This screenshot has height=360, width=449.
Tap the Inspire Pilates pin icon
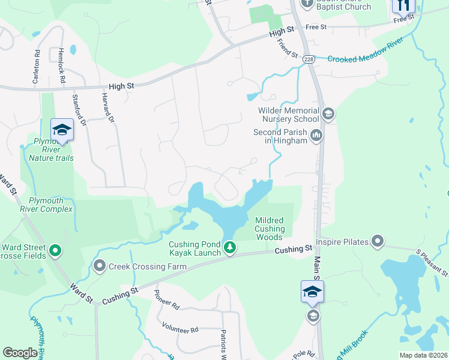coord(377,241)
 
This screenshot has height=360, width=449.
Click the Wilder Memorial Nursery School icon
coord(328,113)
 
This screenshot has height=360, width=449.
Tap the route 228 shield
coord(309,59)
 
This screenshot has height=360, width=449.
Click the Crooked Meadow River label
coord(360,59)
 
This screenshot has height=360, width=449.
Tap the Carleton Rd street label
coord(37,61)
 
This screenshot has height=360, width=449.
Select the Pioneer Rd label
coord(167,300)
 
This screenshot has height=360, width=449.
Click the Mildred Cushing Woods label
coord(270,229)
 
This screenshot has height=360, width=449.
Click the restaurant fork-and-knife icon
coord(403,5)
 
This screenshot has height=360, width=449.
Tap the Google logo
coord(20,353)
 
